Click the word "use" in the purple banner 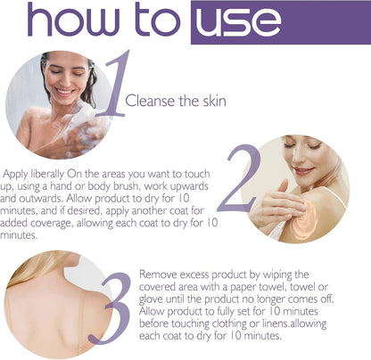point(238,21)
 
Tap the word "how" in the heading point(73,20)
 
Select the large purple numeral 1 point(115,84)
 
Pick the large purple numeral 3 point(111,308)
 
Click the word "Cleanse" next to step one point(150,101)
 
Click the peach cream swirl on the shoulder point(305,218)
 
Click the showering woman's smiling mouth point(65,92)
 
